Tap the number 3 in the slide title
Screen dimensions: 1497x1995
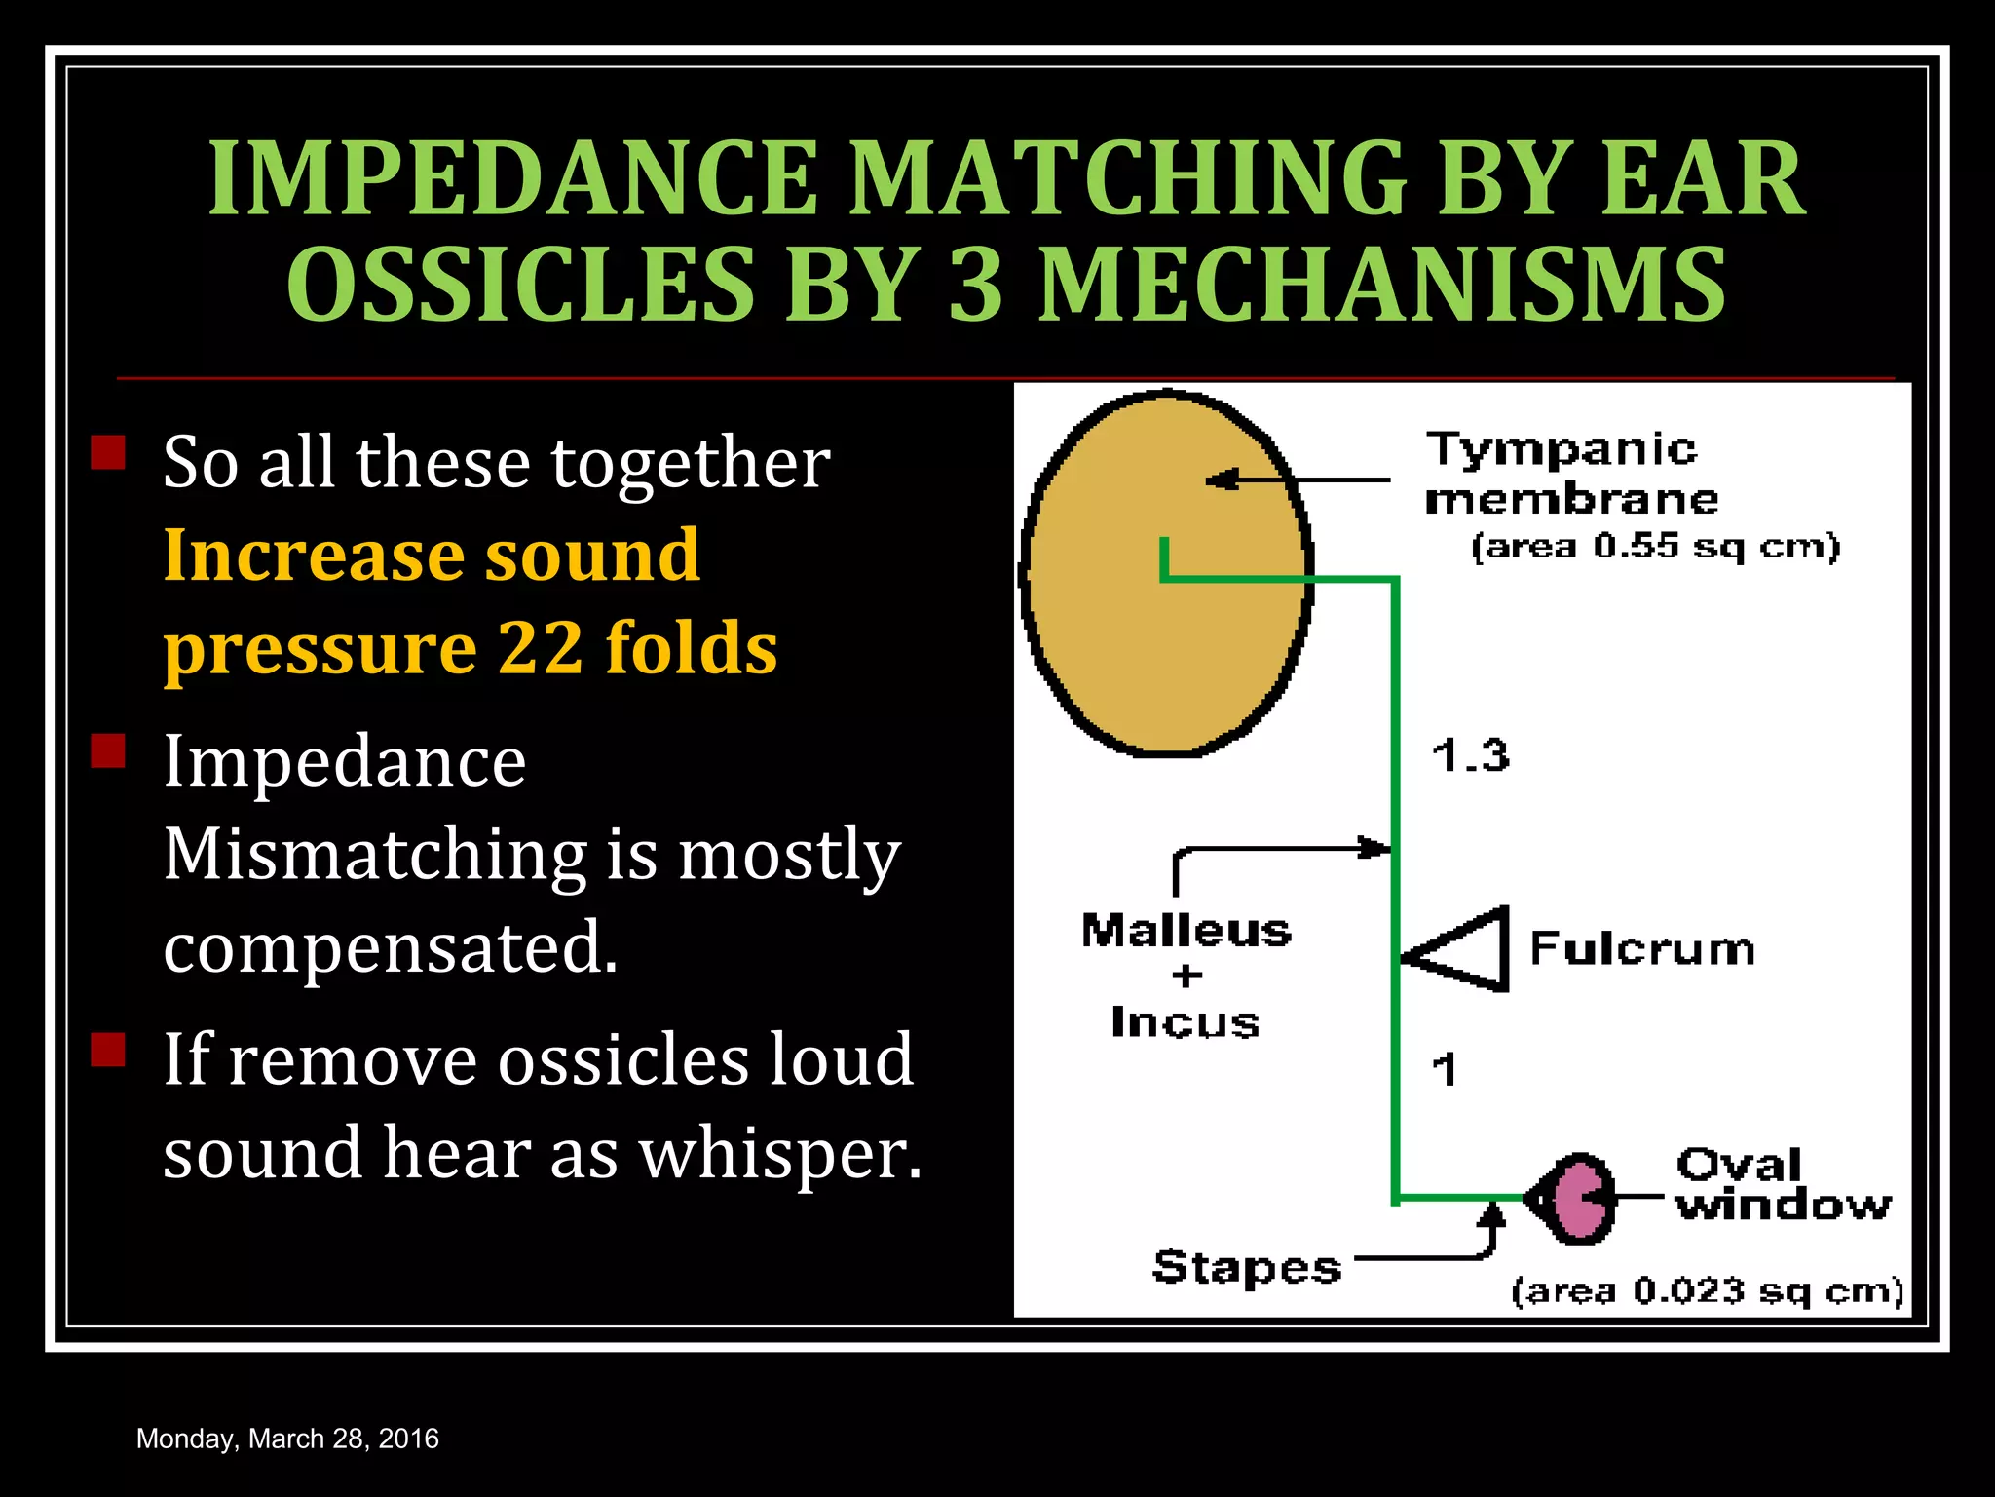[x=975, y=285]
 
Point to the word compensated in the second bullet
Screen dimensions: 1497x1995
[x=390, y=948]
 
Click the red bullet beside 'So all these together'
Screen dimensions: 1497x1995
[x=108, y=452]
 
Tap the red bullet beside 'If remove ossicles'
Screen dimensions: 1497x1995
[x=108, y=1050]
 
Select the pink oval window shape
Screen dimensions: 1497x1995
[x=1577, y=1199]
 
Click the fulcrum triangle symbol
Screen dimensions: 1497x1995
[x=1466, y=950]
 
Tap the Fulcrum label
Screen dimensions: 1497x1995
[x=1642, y=949]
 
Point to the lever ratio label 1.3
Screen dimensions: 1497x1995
[x=1470, y=756]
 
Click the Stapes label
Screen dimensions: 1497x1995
[x=1247, y=1267]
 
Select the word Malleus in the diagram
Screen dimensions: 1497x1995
[x=1186, y=932]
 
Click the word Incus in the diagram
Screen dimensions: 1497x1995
[x=1186, y=1023]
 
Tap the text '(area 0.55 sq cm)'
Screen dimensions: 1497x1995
[x=1655, y=547]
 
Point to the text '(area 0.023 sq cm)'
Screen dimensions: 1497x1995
[x=1707, y=1291]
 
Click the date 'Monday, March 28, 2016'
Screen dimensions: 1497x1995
[x=287, y=1439]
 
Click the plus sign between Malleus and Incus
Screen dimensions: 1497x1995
[x=1186, y=976]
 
